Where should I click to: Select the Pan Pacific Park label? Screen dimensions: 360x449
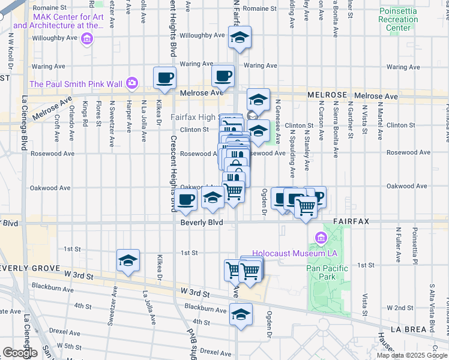coord(326,272)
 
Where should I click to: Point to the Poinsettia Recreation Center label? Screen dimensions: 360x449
coord(403,19)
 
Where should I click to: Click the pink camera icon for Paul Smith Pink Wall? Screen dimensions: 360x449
coord(131,82)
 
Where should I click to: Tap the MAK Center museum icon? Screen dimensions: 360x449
coord(88,39)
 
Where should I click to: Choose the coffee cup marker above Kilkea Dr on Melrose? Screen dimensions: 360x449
coord(164,77)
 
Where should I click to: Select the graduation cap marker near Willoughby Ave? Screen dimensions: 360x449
coord(240,38)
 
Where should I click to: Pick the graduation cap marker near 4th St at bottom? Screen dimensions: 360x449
coord(241,314)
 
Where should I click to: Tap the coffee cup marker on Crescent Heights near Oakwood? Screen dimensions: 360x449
coord(186,200)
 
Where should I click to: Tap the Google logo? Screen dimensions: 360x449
coord(20,352)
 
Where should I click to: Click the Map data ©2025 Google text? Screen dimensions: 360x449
coord(412,355)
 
